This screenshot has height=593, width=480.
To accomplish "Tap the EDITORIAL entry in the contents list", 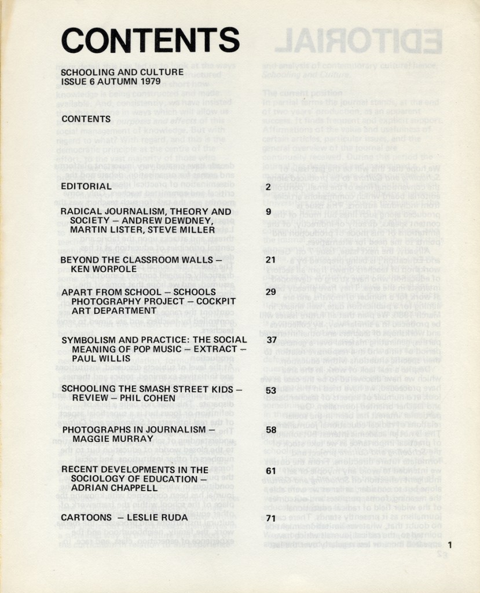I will pos(86,186).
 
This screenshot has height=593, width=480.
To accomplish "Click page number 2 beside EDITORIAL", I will pos(268,186).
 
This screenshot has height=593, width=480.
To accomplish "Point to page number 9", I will pos(268,212).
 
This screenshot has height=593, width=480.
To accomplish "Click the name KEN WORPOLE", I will pos(104,269).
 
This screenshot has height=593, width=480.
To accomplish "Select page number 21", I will pos(270,260).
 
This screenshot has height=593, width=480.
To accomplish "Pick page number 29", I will pos(270,292).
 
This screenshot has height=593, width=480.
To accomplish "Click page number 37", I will pos(270,340).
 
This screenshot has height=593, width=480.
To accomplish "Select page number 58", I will pos(270,430).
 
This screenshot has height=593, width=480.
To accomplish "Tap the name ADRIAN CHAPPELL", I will pos(113,488).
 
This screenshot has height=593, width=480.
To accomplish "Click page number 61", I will pos(270,470).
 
